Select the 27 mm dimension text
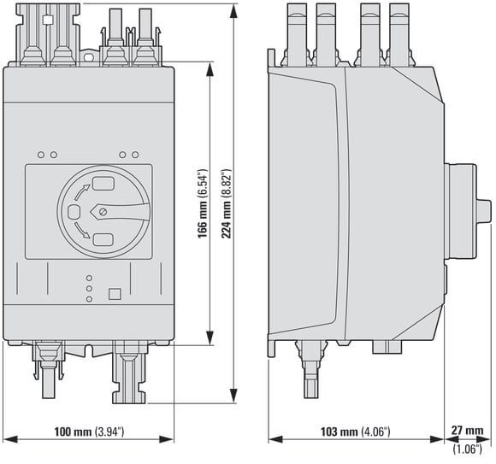[467, 430]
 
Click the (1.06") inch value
[468, 449]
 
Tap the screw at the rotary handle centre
[103, 212]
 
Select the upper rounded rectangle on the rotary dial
[103, 184]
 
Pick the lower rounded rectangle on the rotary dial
[103, 240]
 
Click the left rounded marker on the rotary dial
[74, 211]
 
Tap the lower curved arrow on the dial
[81, 230]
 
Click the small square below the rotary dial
[115, 294]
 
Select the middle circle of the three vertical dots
[89, 289]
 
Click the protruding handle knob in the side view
[484, 212]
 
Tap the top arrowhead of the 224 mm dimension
[233, 12]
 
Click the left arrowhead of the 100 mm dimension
[10, 439]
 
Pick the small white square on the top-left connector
[48, 20]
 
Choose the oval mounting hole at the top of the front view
[89, 57]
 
